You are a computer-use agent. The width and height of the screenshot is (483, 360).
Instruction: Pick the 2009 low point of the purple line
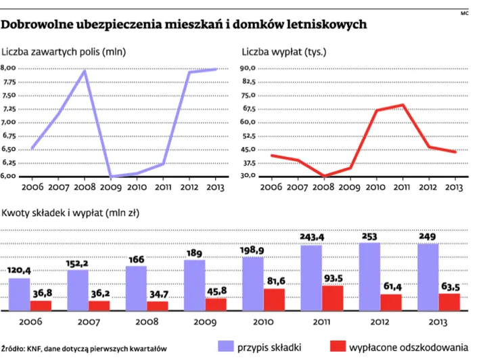pos(111,176)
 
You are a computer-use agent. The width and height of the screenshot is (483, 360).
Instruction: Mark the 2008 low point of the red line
pos(323,176)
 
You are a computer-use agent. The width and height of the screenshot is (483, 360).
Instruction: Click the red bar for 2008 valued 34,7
pos(157,306)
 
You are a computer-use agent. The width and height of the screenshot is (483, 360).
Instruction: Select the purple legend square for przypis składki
pos(225,346)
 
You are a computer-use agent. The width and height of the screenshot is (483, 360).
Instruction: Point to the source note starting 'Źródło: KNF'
pos(83,348)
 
